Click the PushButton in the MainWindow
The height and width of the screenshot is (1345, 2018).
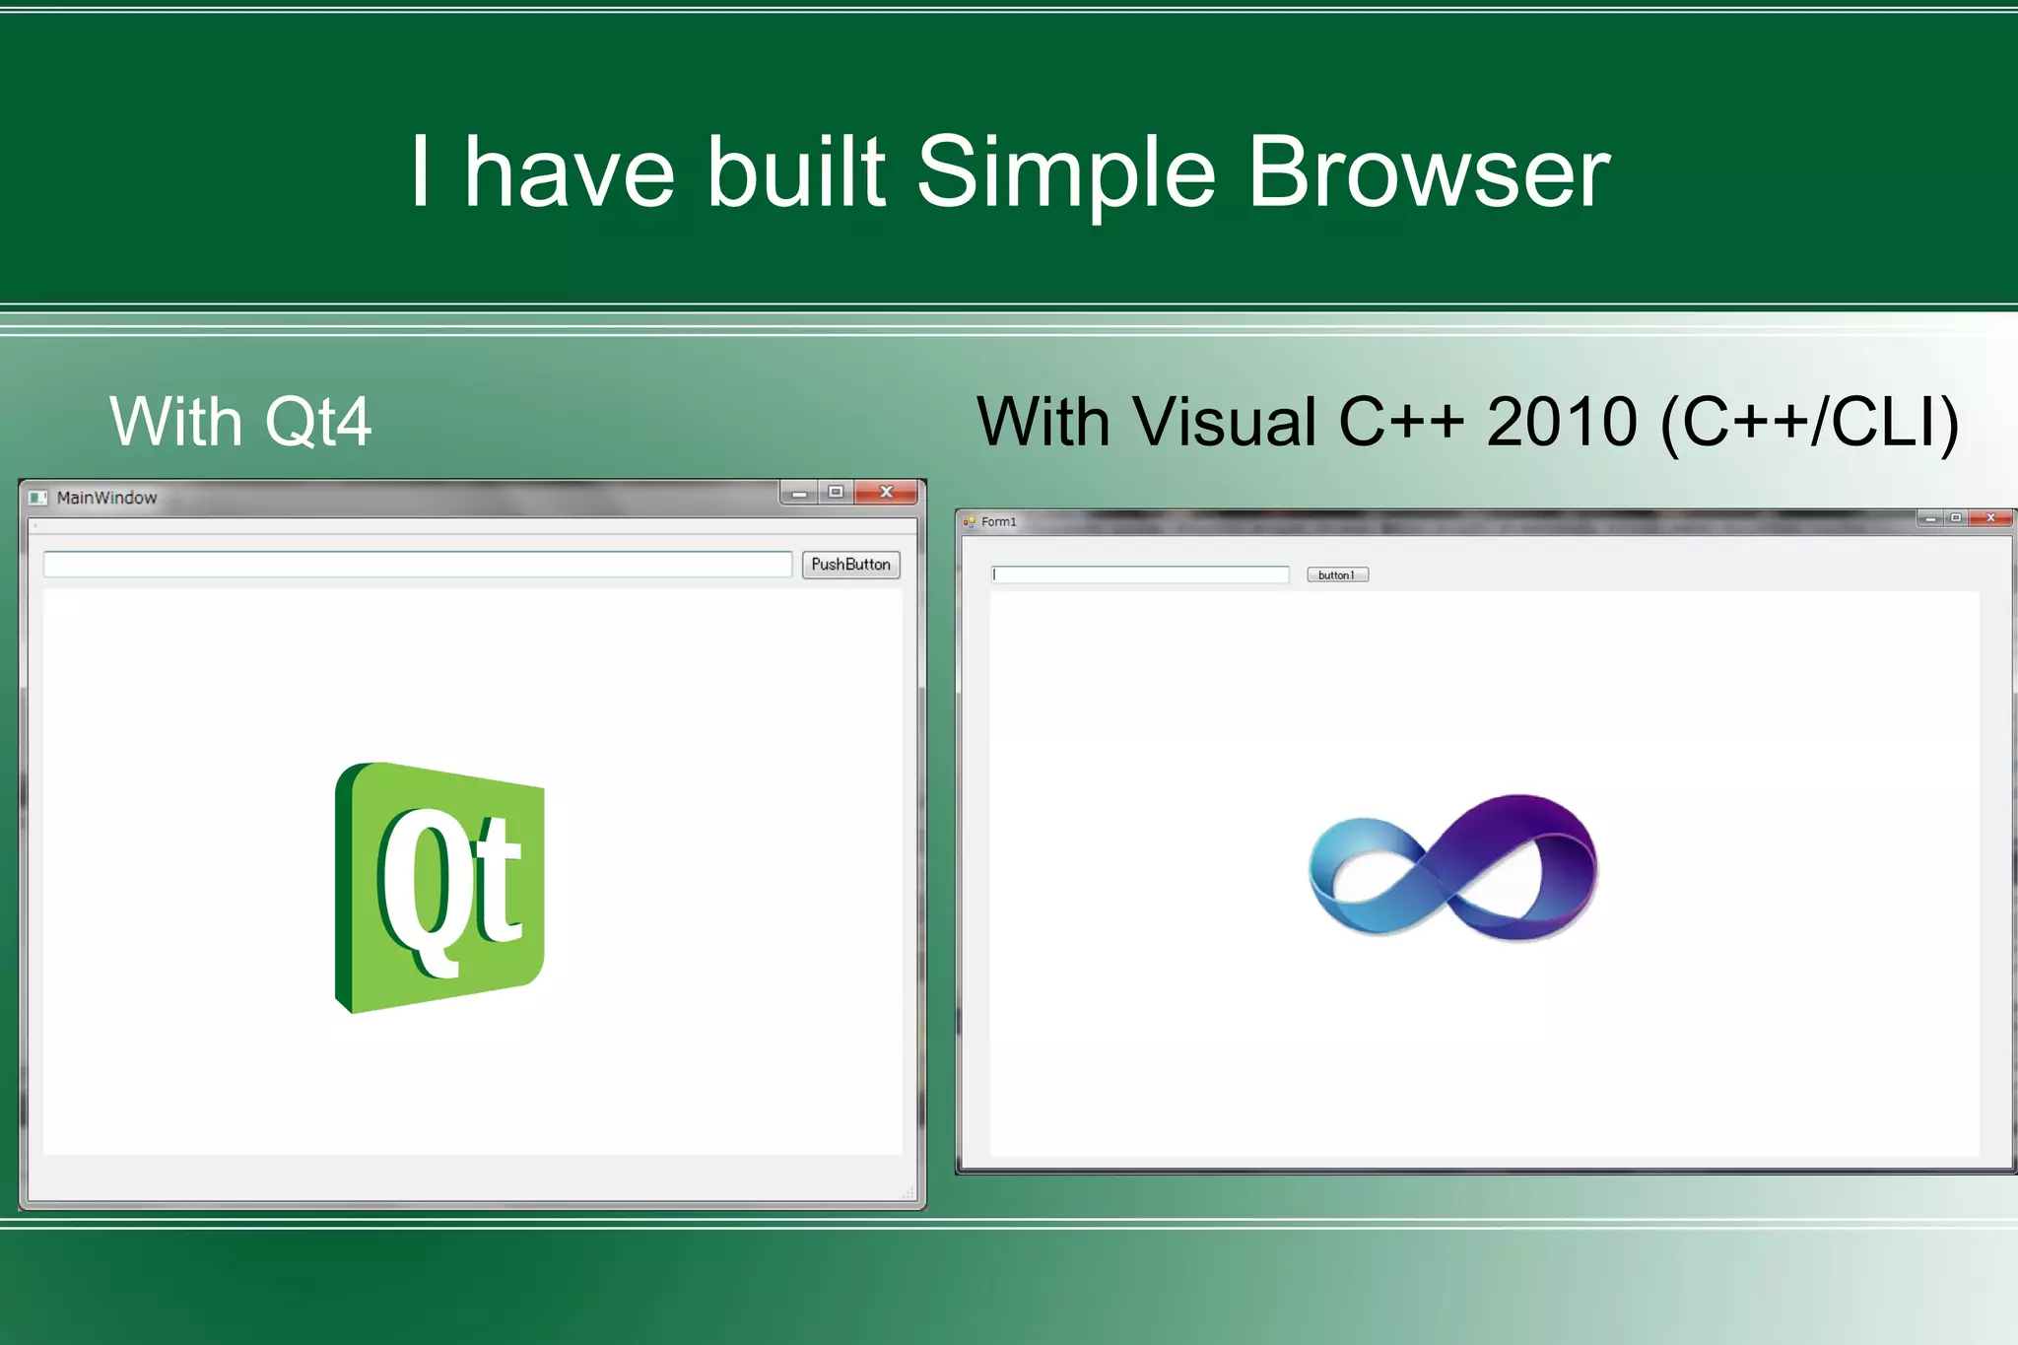coord(850,565)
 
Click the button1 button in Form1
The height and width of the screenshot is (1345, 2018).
coord(1337,574)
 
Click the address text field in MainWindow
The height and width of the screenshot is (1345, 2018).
coord(418,565)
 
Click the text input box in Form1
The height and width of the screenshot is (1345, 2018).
coord(1140,574)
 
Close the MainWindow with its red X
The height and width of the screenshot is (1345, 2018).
coord(886,492)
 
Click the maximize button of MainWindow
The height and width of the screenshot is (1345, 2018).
coord(836,492)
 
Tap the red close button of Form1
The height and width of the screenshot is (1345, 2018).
coord(1990,517)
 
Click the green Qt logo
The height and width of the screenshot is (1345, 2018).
coord(439,888)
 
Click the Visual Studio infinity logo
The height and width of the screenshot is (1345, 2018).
coord(1453,867)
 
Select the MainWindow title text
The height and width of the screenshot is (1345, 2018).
coord(106,498)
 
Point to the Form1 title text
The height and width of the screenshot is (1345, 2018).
coord(998,522)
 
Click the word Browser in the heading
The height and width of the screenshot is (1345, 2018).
coord(1428,172)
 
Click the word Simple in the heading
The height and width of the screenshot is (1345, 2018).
coord(1066,172)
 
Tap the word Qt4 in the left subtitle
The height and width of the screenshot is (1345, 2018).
coord(318,422)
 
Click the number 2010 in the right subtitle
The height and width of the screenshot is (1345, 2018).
coord(1561,422)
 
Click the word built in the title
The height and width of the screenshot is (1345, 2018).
coord(796,172)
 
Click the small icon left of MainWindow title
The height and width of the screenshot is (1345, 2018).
coord(37,498)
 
